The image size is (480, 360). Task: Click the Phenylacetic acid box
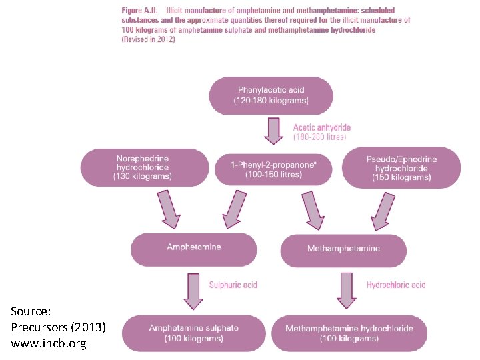271,95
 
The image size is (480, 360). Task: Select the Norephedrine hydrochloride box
145,168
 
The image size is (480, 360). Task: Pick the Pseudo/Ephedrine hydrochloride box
401,168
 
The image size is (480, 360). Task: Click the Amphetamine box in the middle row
193,248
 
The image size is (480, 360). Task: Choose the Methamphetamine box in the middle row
343,249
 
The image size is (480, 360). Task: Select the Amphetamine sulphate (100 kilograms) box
193,333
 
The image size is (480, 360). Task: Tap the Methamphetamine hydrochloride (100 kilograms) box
349,333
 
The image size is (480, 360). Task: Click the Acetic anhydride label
322,127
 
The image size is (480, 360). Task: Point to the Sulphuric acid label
233,285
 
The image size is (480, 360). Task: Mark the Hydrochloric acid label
396,285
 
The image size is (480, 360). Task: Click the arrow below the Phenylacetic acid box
273,131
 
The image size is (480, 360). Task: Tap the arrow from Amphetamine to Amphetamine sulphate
193,291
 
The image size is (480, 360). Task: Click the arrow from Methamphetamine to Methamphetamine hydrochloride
347,291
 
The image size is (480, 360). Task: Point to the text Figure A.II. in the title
142,11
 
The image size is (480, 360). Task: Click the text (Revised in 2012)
148,39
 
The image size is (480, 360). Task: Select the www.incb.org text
48,344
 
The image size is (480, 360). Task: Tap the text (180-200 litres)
320,137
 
